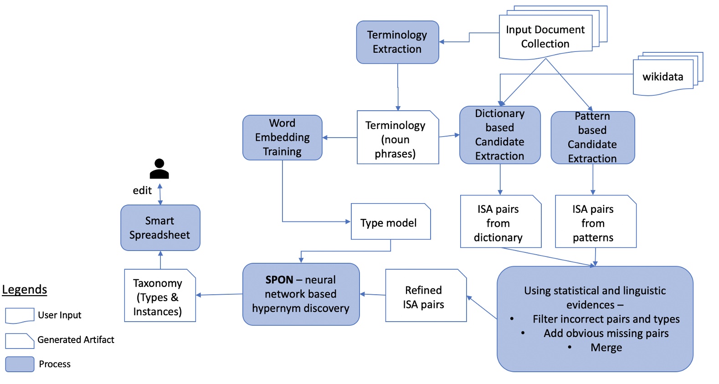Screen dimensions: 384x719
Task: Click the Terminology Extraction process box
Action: click(x=397, y=42)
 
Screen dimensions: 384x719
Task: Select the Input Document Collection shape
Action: click(x=545, y=37)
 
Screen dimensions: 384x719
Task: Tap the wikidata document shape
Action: click(x=663, y=77)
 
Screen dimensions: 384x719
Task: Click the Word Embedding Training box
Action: click(x=282, y=137)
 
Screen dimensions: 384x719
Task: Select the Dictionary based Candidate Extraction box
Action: click(x=500, y=135)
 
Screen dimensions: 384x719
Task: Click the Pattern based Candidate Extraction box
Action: click(x=592, y=138)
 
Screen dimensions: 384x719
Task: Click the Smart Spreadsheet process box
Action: click(x=160, y=228)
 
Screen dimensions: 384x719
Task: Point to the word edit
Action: click(x=142, y=190)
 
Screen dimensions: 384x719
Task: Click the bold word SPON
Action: click(x=279, y=280)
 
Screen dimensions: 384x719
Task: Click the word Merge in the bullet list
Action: click(x=606, y=348)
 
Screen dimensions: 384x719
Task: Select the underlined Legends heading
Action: click(x=25, y=289)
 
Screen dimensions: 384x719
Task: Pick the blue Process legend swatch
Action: click(x=20, y=364)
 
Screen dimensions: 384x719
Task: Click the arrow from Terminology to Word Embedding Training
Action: click(x=339, y=138)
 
